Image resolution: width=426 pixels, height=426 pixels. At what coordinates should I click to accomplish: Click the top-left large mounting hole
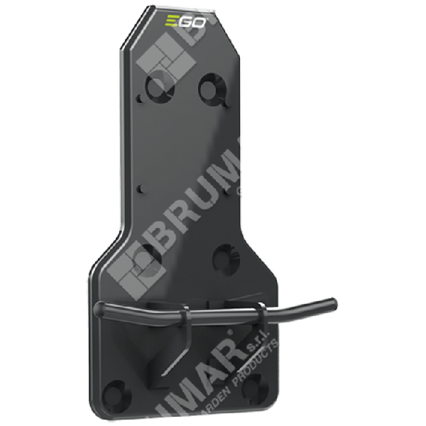point(155,88)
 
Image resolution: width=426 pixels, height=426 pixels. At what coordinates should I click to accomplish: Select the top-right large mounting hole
point(211,86)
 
